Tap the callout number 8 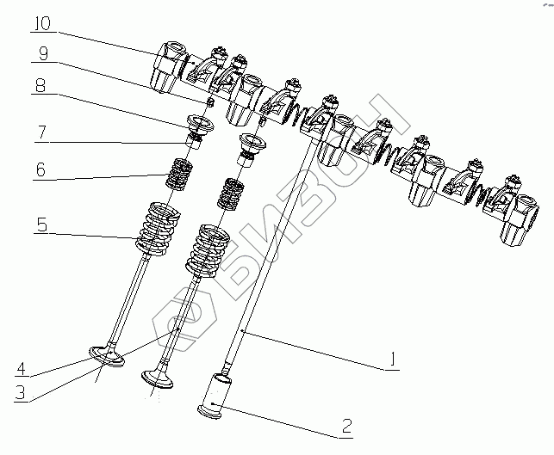[41, 85]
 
